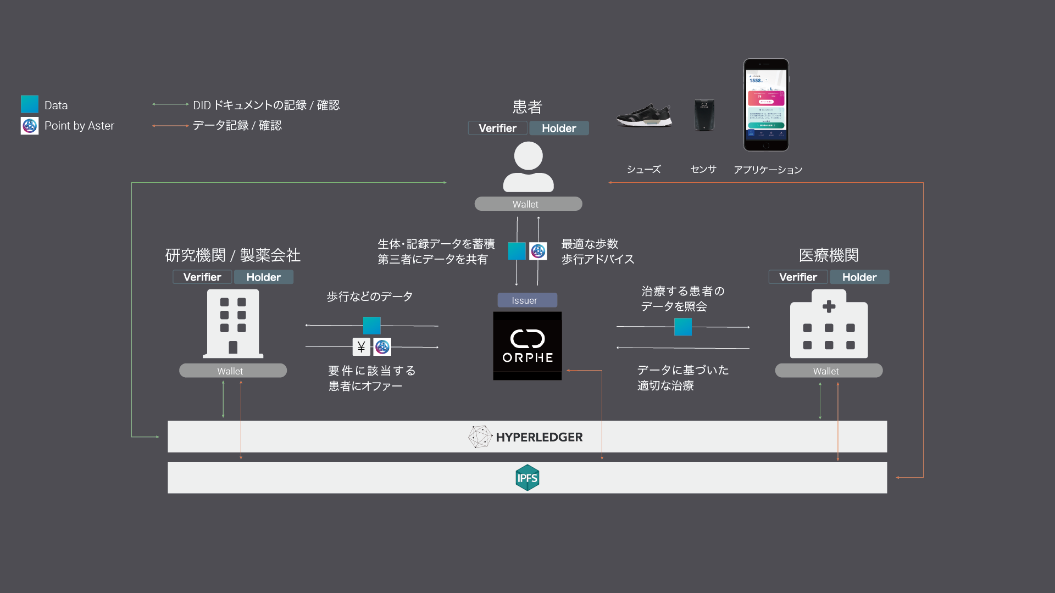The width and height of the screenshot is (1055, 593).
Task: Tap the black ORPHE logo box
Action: (527, 345)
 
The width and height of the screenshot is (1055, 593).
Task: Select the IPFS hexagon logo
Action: (527, 478)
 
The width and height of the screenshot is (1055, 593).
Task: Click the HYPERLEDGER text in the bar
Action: (538, 437)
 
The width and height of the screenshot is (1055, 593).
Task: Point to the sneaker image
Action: (644, 115)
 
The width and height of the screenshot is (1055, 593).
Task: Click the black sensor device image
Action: (704, 115)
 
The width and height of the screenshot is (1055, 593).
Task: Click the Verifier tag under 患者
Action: (497, 128)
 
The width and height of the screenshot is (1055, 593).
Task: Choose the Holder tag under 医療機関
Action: (859, 277)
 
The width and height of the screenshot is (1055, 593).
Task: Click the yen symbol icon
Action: (361, 347)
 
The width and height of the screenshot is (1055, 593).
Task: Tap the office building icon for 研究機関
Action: (233, 324)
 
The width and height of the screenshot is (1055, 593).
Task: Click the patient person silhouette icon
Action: (528, 167)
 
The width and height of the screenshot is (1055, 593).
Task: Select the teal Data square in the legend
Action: (30, 104)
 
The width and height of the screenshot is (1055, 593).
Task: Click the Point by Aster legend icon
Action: (30, 126)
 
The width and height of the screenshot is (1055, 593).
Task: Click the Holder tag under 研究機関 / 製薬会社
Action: (263, 277)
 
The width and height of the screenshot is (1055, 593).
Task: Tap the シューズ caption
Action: (643, 169)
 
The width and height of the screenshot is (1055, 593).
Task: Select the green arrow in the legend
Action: (170, 104)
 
